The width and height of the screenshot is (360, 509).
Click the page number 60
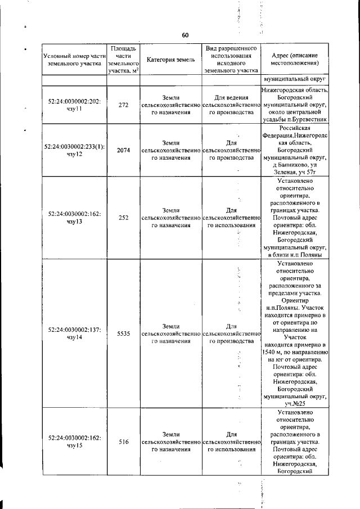(184, 35)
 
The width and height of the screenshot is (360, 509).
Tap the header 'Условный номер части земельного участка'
(74, 60)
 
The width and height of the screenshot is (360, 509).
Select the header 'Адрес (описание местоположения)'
(294, 60)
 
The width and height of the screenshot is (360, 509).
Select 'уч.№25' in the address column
(295, 403)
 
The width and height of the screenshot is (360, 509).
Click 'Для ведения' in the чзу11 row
(229, 97)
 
